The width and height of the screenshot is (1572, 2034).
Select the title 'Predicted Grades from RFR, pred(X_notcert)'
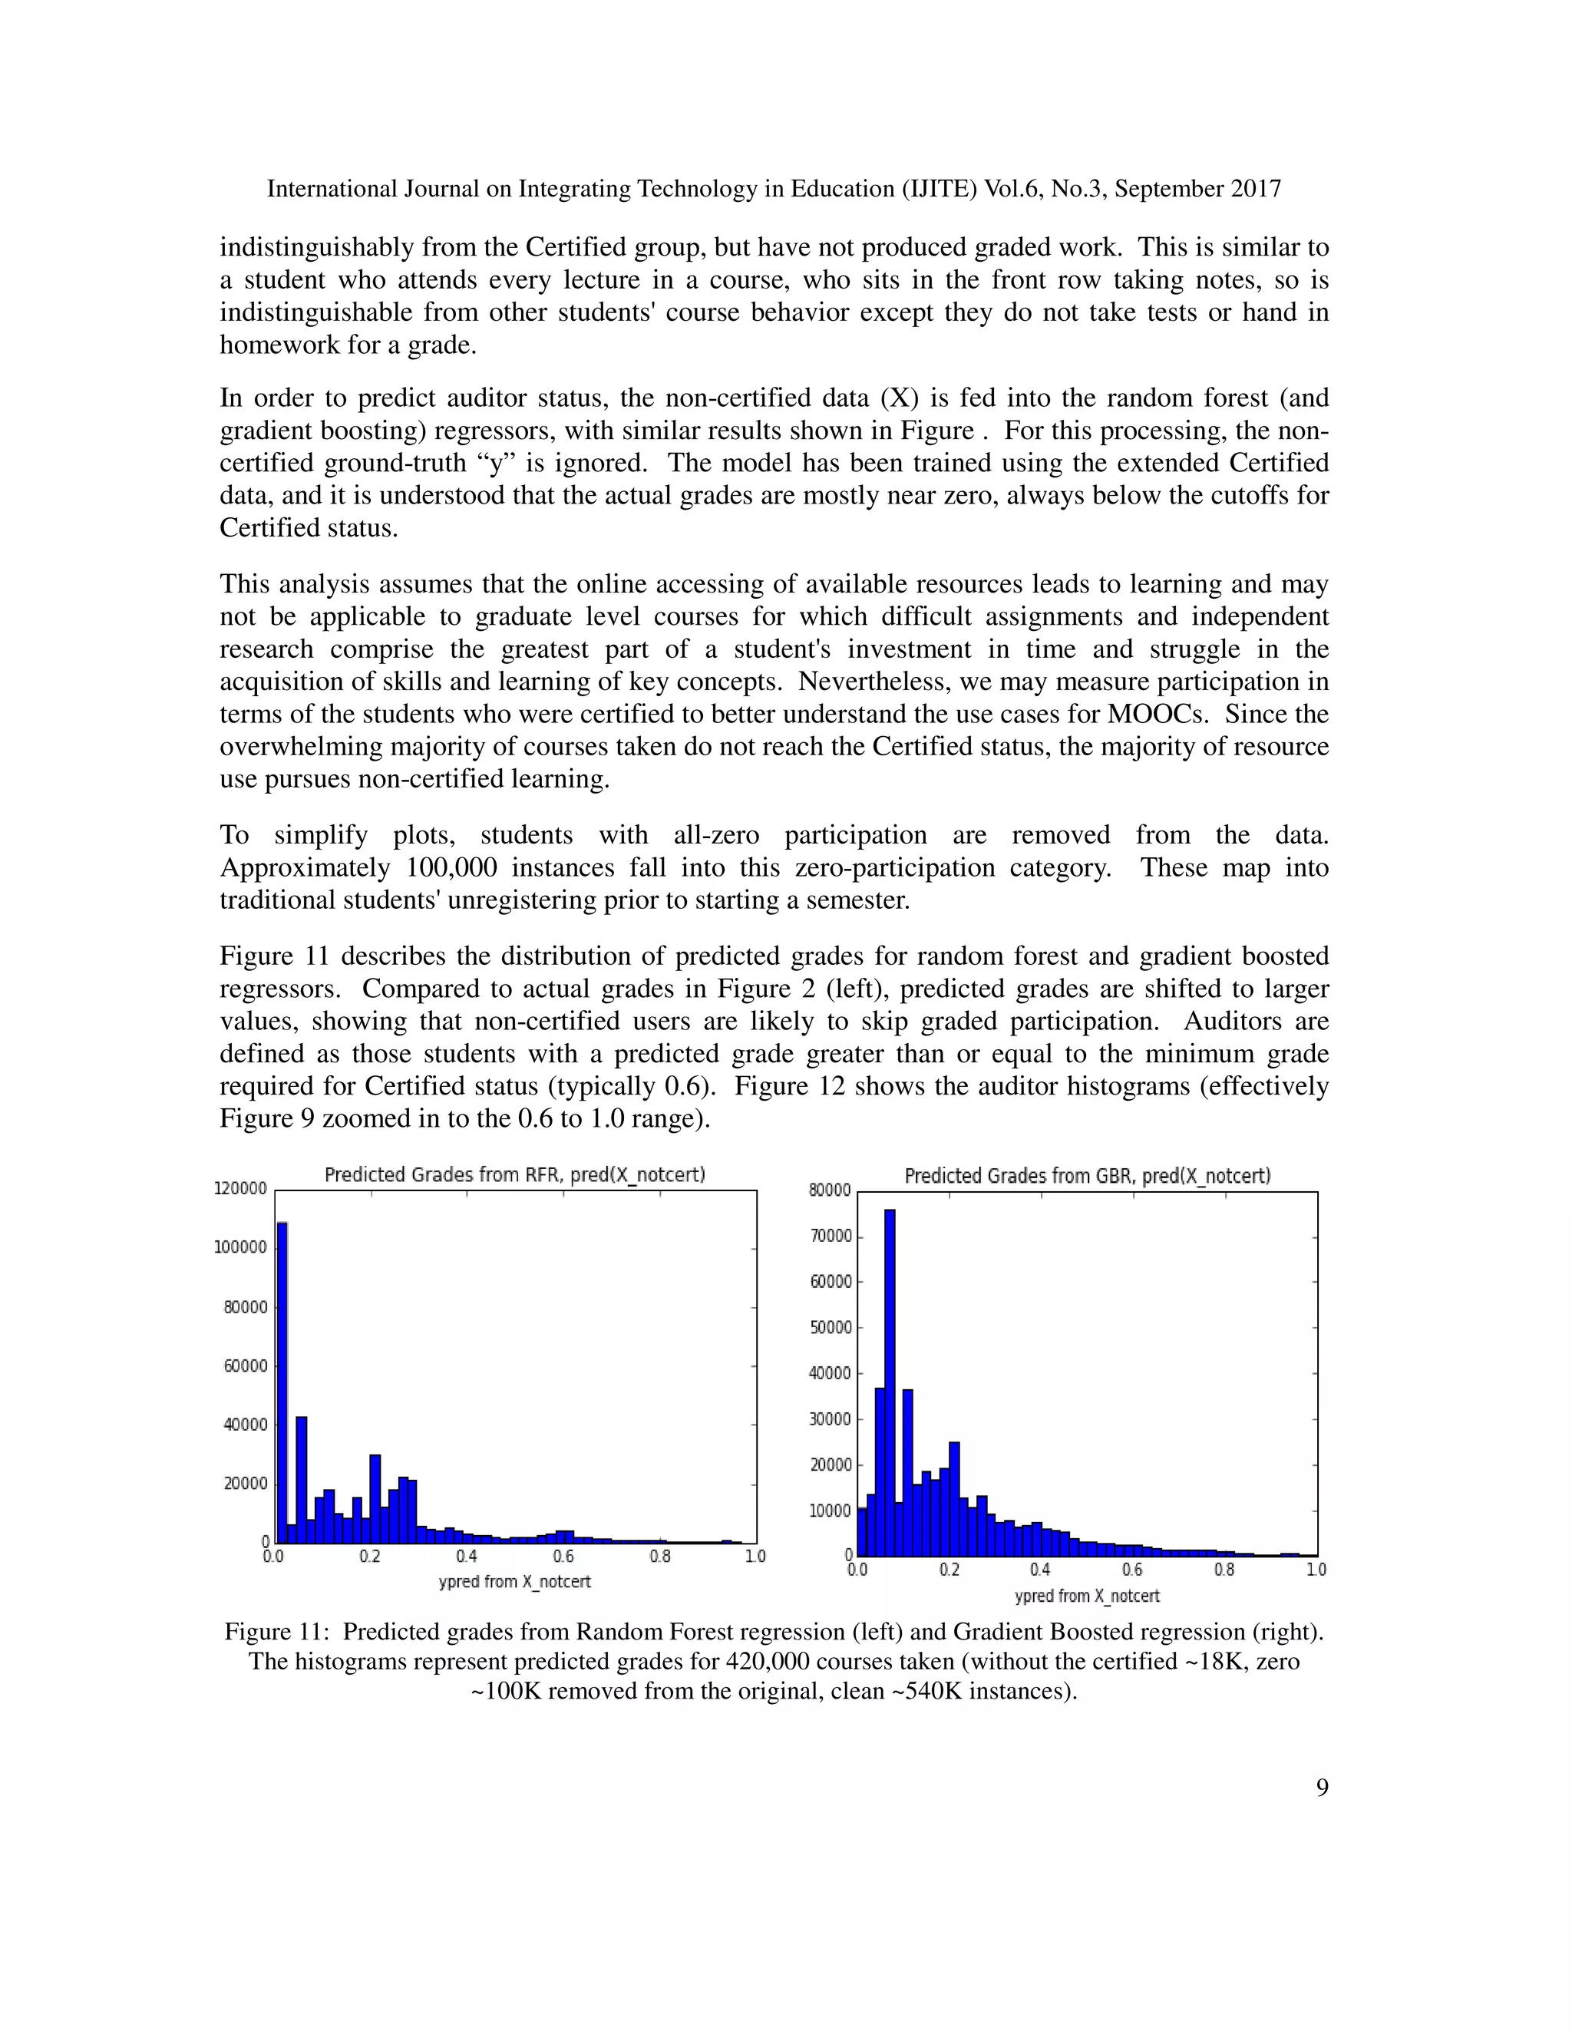click(514, 1174)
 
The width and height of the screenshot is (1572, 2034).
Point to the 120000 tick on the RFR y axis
click(240, 1188)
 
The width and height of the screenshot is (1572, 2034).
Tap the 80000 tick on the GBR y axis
click(830, 1190)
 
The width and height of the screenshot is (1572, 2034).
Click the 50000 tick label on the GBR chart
click(830, 1327)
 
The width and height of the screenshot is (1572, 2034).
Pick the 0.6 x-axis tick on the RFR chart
click(563, 1557)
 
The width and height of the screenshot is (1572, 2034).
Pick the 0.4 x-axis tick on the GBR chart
click(1039, 1570)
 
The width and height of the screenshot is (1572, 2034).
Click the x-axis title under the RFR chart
click(514, 1581)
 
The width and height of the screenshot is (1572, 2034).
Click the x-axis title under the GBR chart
click(1087, 1596)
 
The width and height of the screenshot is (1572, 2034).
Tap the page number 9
click(1322, 1787)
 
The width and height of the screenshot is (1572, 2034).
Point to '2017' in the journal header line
click(1255, 189)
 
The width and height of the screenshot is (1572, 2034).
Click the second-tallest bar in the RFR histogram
click(301, 1480)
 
